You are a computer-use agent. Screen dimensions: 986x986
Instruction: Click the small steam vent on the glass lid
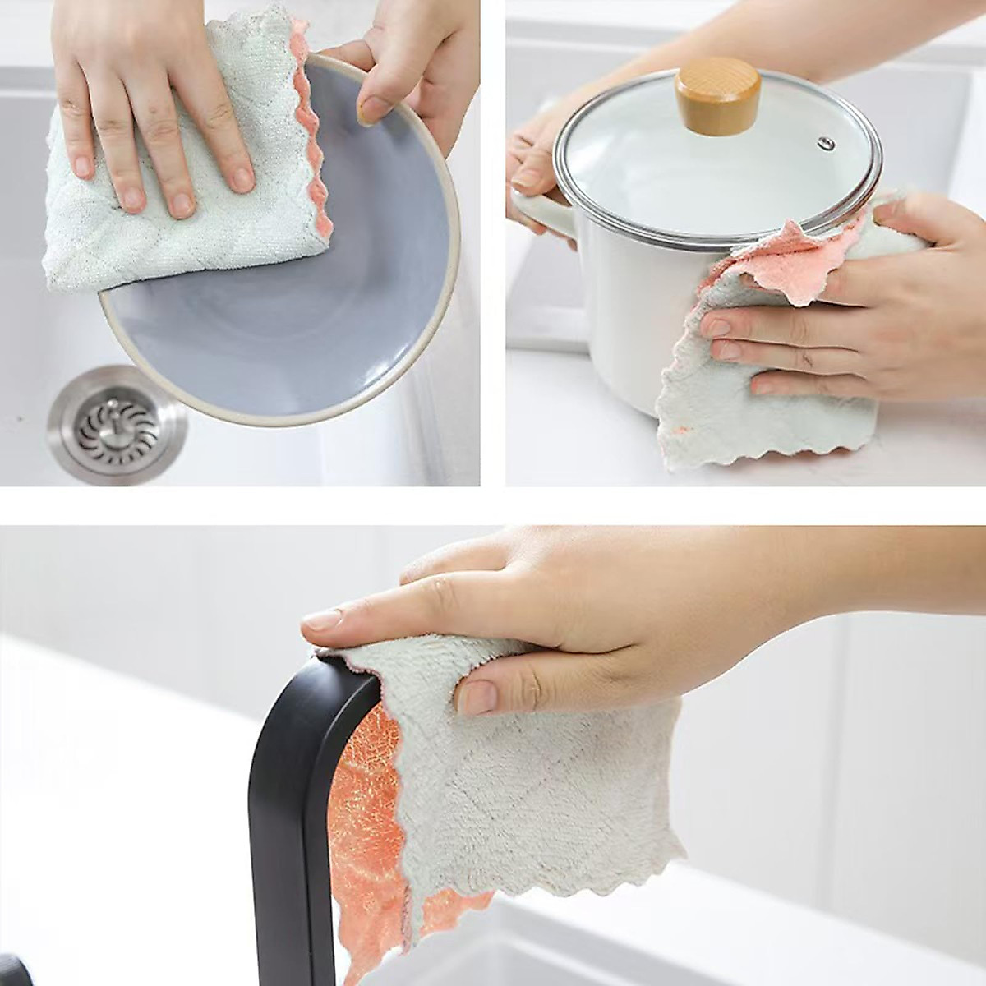[827, 145]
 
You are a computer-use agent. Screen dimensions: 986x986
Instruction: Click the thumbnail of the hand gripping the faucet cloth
[477, 698]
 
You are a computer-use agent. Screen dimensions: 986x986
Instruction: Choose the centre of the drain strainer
[117, 425]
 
